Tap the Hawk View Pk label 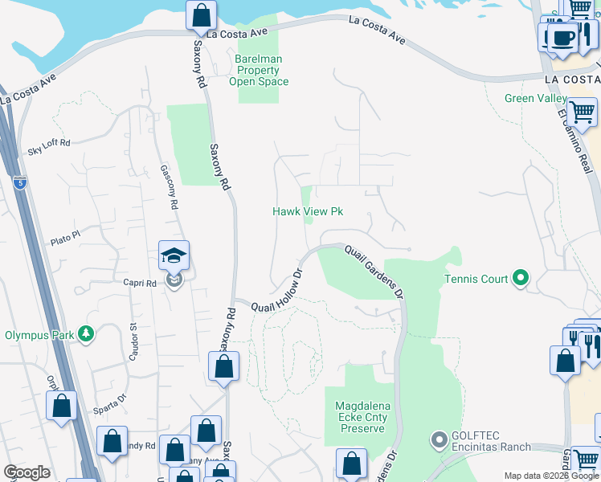pyautogui.click(x=308, y=211)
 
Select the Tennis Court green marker pyautogui.click(x=520, y=279)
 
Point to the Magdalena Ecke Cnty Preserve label pyautogui.click(x=362, y=418)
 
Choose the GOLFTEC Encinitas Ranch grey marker pyautogui.click(x=439, y=439)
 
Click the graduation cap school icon pyautogui.click(x=174, y=256)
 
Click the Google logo pyautogui.click(x=27, y=472)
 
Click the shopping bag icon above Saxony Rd pyautogui.click(x=200, y=15)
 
